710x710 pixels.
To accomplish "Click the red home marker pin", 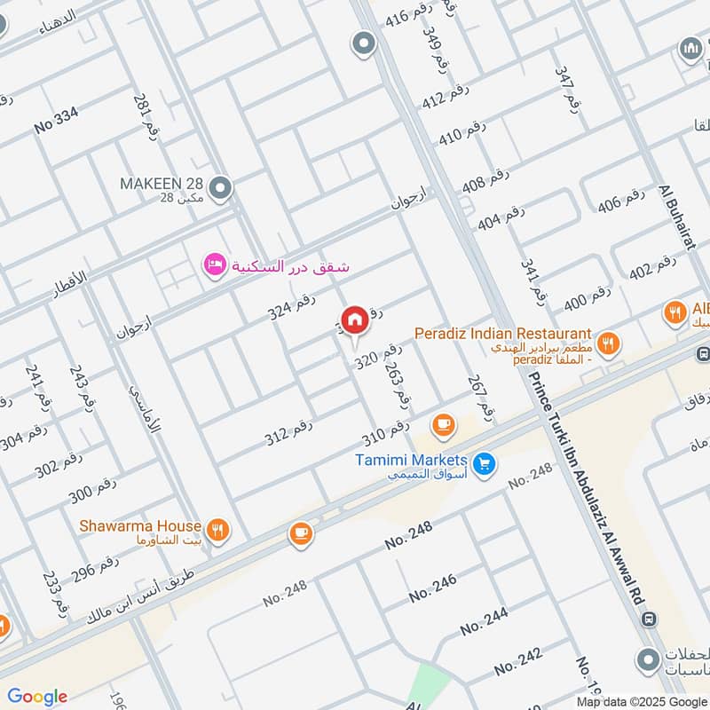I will [354, 320].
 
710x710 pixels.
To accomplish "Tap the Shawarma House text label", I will [140, 526].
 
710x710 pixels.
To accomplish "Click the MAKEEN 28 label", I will [162, 184].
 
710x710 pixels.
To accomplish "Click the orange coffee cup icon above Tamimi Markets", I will [443, 426].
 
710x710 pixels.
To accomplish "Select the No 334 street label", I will [57, 120].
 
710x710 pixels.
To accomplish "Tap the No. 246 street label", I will [433, 588].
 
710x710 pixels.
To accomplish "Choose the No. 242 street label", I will [518, 661].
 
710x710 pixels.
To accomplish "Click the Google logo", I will [37, 697].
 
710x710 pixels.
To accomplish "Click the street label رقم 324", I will [292, 306].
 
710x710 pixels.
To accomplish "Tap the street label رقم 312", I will [289, 433].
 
